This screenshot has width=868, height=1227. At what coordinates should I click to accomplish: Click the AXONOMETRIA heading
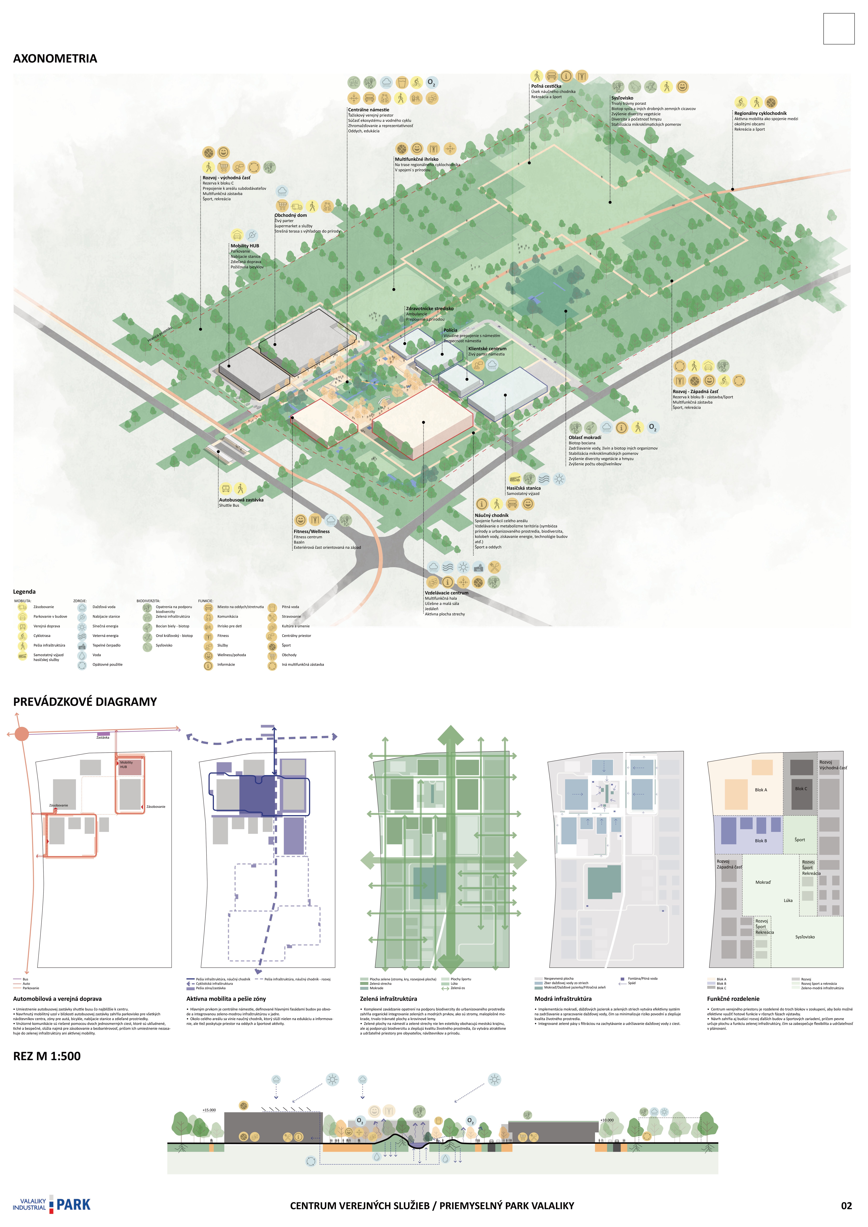(55, 59)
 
